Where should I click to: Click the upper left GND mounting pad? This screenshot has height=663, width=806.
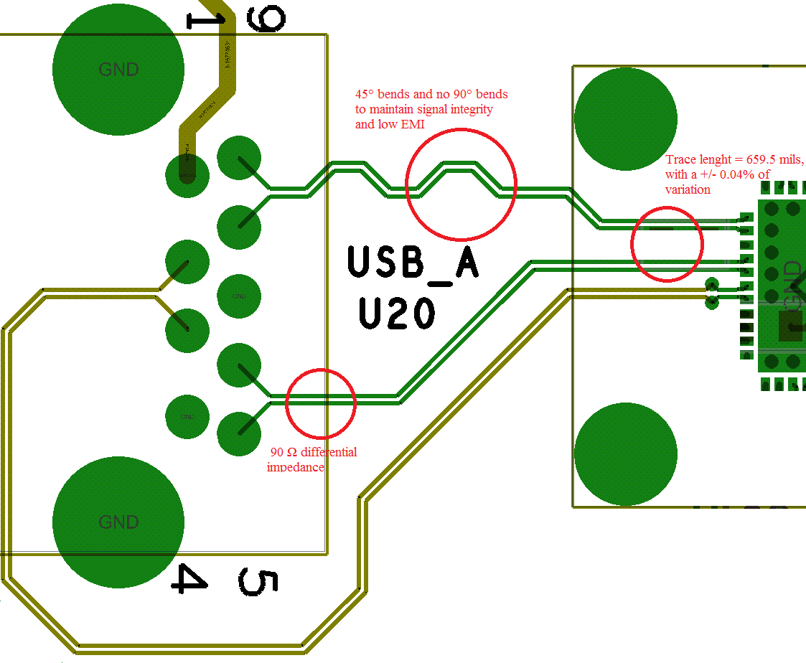point(118,70)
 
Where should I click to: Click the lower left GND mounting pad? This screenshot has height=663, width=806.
point(118,522)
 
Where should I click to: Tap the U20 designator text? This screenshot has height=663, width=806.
point(397,314)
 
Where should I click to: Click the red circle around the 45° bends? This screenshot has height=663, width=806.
point(461,184)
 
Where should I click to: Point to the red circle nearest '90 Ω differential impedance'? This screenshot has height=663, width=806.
point(321,404)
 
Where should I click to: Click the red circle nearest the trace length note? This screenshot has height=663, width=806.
point(667,243)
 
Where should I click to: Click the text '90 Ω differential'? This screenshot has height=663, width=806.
point(313,452)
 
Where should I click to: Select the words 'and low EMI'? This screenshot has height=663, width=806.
point(390,124)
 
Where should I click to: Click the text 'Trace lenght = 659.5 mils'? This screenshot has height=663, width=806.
point(734,159)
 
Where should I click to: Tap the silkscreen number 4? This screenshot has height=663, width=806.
point(189,578)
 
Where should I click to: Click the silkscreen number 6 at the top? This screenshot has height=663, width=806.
point(266,17)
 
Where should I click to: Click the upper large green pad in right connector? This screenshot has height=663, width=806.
point(626,119)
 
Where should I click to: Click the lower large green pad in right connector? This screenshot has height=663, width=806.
point(626,454)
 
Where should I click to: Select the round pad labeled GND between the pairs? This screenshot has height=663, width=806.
point(239,296)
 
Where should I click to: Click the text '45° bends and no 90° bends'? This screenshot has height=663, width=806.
point(431,94)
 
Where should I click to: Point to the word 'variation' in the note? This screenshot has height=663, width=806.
point(688,189)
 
